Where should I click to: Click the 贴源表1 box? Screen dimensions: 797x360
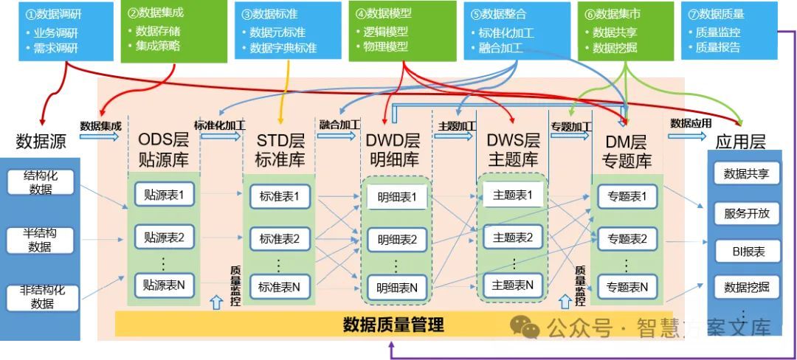click(164, 195)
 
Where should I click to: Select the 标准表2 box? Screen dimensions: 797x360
click(280, 238)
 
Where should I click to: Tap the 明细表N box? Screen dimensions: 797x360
click(397, 287)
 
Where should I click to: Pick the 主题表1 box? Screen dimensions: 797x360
click(513, 195)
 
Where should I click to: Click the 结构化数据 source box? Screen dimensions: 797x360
click(41, 182)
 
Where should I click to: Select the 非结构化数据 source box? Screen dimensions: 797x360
click(41, 296)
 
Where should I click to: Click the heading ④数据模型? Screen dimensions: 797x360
click(383, 13)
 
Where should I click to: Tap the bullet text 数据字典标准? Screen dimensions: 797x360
click(283, 49)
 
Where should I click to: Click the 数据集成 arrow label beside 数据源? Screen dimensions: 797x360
click(100, 125)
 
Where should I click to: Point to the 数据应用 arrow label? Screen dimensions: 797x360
click(691, 123)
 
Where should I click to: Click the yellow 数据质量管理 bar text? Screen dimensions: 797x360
click(394, 323)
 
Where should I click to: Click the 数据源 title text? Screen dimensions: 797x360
click(41, 141)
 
